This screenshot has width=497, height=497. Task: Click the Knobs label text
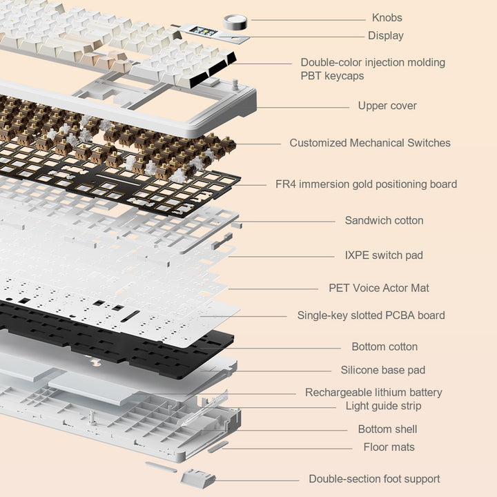(387, 18)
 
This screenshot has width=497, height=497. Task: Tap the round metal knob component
(235, 22)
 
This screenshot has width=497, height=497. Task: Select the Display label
(385, 36)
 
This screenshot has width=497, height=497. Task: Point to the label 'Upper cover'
(387, 106)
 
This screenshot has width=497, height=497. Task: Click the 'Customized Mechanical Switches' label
(369, 143)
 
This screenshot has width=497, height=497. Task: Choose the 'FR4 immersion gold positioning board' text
(366, 184)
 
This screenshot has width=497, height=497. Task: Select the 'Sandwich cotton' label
(384, 220)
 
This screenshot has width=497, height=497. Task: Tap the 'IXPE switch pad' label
(384, 255)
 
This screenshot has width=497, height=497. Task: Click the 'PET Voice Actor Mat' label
(379, 288)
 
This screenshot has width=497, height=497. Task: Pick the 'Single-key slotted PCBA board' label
(371, 315)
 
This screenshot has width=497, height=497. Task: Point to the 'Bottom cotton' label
(384, 347)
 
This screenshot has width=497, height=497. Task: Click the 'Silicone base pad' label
(382, 370)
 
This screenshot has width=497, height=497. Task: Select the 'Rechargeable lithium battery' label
(373, 392)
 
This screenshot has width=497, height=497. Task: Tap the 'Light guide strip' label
(383, 406)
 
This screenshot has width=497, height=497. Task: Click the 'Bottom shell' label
(387, 429)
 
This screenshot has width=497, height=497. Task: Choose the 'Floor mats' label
(389, 447)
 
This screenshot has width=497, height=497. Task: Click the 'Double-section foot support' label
(374, 479)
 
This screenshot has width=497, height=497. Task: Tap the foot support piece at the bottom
(197, 478)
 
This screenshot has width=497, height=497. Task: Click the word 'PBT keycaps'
(332, 76)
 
